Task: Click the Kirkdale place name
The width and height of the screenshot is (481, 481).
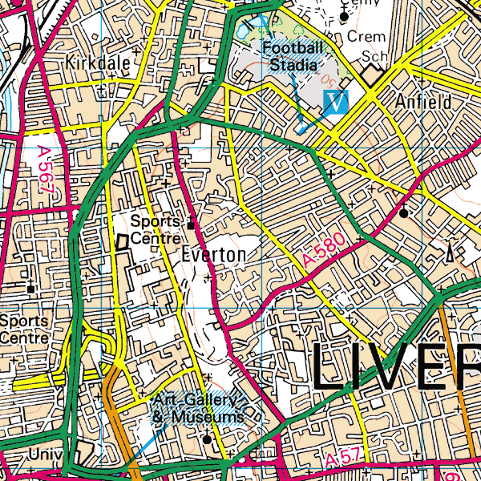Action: tap(98, 63)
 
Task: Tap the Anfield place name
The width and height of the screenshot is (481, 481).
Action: tap(423, 102)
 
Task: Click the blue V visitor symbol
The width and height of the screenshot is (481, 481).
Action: tap(338, 102)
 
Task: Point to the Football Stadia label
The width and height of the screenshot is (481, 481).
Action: tap(293, 56)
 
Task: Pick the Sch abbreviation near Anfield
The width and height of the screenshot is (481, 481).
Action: tap(374, 58)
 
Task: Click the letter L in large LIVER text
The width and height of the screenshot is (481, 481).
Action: tap(329, 366)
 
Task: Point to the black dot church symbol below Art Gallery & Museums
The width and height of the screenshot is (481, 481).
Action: tap(207, 439)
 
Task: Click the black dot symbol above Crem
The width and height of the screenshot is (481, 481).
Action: tap(345, 15)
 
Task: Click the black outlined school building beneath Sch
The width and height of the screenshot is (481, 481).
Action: tap(372, 77)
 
